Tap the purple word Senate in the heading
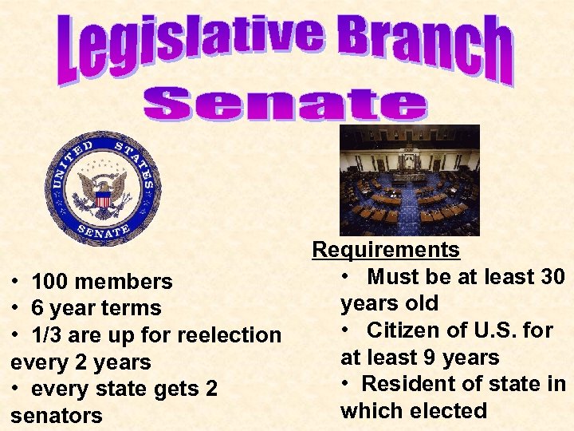(x=285, y=105)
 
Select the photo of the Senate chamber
(x=410, y=180)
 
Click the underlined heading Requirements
(x=386, y=250)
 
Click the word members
(x=125, y=282)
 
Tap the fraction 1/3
(x=49, y=335)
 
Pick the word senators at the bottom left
(x=57, y=416)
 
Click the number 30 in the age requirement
(x=552, y=277)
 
